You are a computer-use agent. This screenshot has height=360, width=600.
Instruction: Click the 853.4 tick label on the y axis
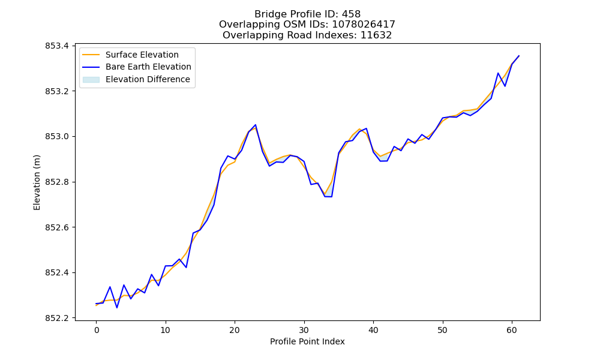tap(57, 46)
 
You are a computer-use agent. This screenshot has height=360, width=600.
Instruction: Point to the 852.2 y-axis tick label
tap(57, 318)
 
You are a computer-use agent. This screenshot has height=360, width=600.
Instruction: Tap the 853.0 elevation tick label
tap(57, 137)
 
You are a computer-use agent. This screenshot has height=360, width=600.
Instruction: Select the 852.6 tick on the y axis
tap(57, 227)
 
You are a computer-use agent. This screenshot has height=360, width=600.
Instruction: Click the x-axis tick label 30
tap(304, 330)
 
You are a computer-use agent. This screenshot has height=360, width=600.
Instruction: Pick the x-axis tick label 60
tap(512, 330)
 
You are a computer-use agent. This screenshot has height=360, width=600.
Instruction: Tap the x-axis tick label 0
tap(97, 330)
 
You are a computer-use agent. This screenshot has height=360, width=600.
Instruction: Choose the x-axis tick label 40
tap(373, 330)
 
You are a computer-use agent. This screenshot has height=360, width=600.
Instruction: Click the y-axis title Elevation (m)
tap(37, 182)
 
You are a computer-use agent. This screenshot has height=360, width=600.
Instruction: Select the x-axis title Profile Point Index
tap(307, 341)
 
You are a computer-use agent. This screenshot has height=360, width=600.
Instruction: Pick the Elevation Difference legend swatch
tap(91, 80)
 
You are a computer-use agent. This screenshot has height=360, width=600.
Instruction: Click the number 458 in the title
tap(351, 14)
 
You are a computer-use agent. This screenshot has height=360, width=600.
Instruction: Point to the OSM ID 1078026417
tap(364, 25)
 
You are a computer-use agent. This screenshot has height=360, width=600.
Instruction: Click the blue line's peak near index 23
tap(255, 125)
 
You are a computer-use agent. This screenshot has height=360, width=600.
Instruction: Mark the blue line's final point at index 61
tap(519, 56)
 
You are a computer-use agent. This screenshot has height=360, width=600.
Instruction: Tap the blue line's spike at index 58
tap(498, 73)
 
